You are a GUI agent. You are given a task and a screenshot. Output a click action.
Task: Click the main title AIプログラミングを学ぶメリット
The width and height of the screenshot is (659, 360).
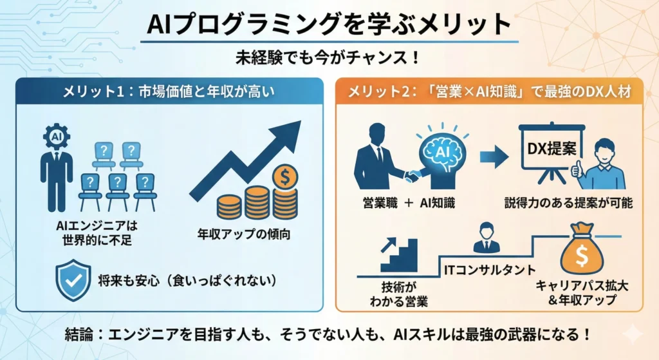[x=329, y=24]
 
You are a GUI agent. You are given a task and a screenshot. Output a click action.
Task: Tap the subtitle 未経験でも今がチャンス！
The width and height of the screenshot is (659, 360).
[x=329, y=57]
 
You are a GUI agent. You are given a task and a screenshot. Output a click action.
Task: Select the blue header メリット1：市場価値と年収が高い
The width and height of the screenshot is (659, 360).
[x=169, y=91]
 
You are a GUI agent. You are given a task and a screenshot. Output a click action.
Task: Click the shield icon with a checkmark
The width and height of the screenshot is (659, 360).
[x=74, y=280]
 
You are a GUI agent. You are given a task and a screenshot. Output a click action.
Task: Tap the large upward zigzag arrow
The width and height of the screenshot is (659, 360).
[x=248, y=161]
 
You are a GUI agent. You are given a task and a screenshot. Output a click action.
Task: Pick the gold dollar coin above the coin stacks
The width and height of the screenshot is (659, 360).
[x=283, y=176]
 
